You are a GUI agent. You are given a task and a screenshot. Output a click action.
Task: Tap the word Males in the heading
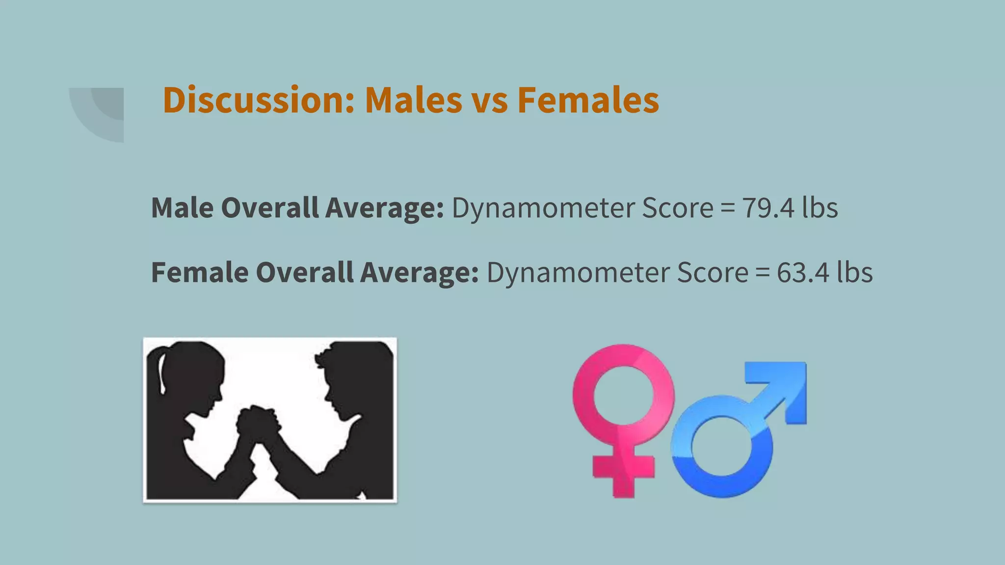[413, 101]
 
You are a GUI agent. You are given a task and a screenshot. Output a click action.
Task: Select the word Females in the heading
[588, 101]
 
